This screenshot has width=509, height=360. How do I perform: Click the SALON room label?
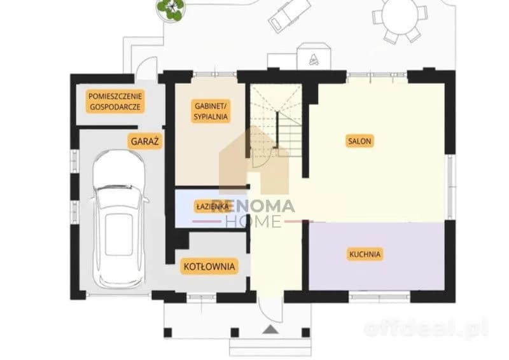coord(359,141)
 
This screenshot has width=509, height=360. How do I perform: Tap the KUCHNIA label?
coord(365,254)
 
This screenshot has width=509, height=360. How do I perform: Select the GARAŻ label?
coord(144,141)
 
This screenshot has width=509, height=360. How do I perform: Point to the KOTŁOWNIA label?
coord(209,267)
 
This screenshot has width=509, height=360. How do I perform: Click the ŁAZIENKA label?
coord(213,206)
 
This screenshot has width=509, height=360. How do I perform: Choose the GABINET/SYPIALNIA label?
coord(211,111)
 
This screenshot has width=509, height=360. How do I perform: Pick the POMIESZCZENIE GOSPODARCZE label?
coord(115,101)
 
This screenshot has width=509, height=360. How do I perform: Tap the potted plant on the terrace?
coord(170,9)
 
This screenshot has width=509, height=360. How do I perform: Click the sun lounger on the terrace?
coord(289,15)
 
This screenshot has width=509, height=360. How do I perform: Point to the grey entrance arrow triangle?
coord(270,329)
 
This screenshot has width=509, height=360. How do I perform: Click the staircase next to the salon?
coord(276,121)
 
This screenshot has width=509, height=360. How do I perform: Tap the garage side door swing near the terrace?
coord(147,69)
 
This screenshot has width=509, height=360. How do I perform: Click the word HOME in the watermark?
coord(253,221)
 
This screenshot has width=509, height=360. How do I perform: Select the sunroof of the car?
coord(119,234)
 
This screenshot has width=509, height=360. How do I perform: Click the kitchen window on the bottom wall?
coord(379,296)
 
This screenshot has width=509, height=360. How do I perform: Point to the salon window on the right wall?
coord(450,186)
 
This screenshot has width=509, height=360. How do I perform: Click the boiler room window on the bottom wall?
coord(202,296)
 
